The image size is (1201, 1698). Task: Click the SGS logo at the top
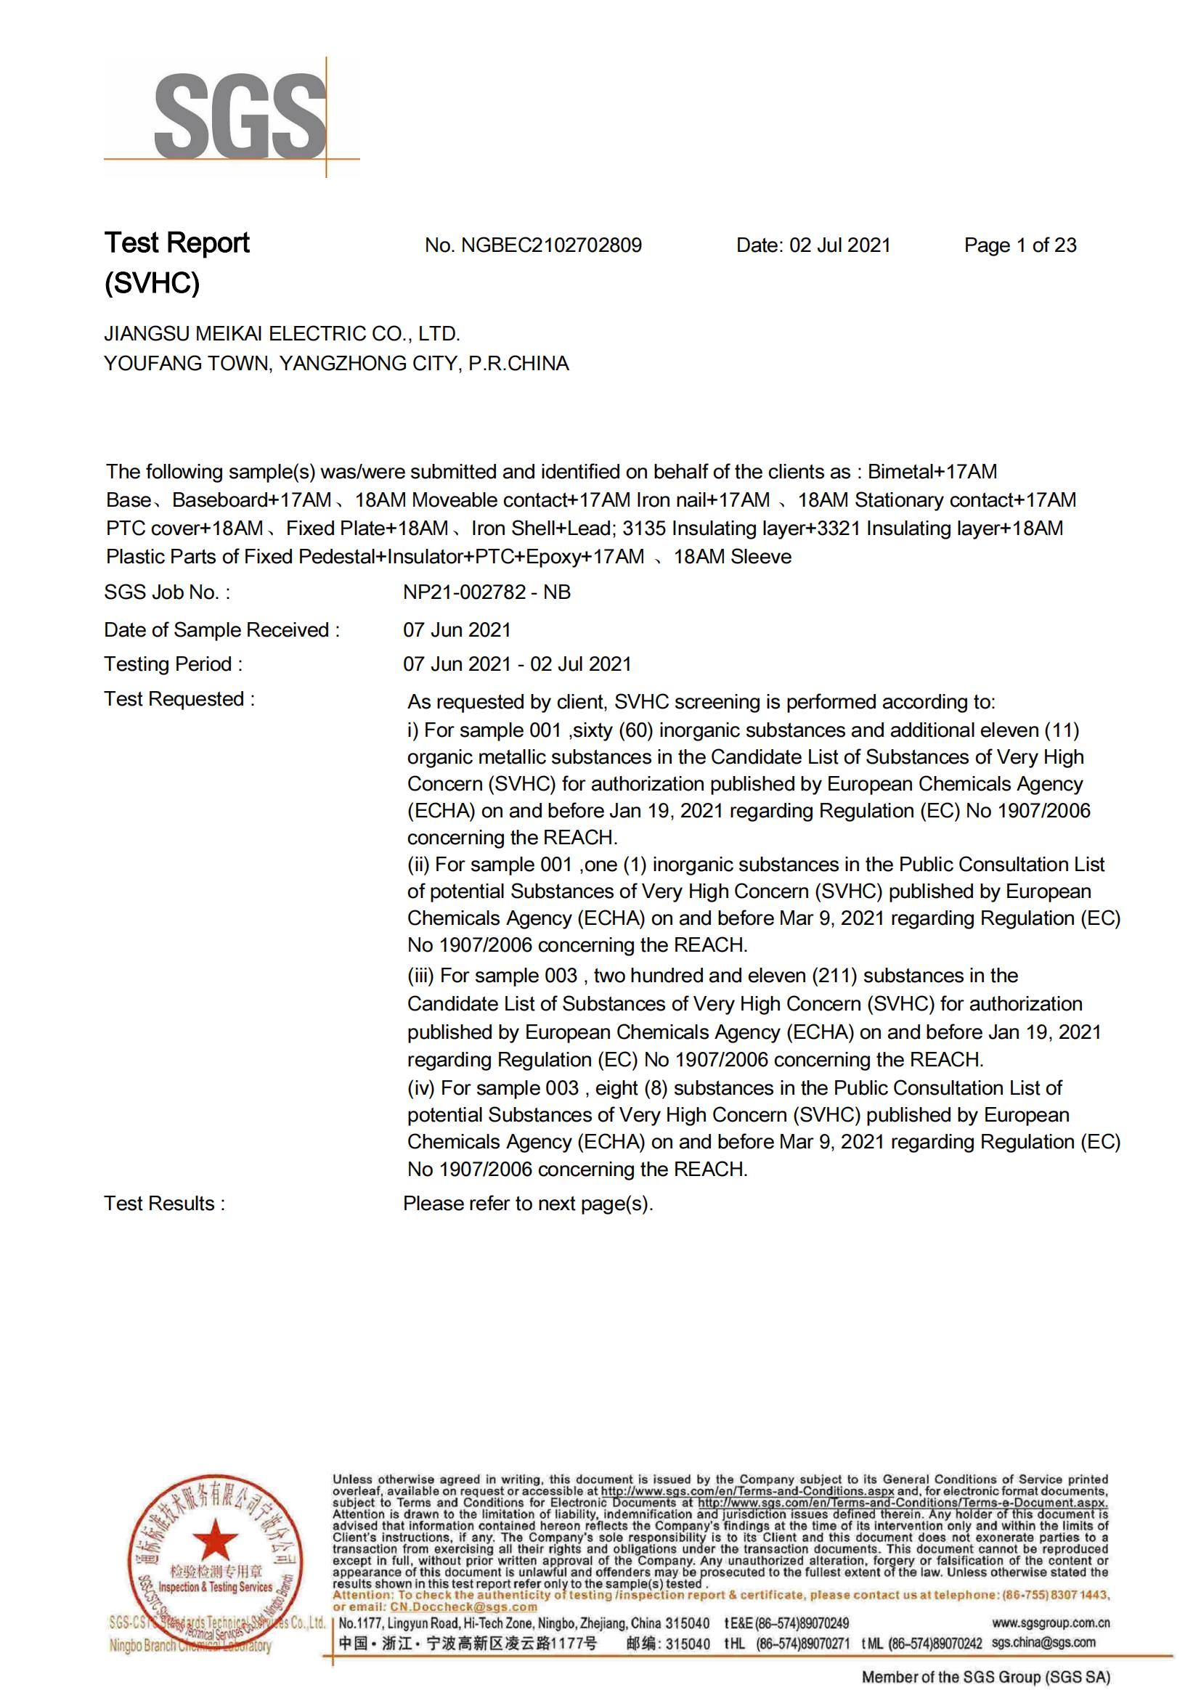click(x=240, y=117)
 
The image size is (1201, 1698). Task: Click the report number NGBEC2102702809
click(x=551, y=245)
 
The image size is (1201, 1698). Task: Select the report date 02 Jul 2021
click(x=839, y=245)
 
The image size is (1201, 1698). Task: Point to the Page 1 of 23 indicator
click(x=1019, y=245)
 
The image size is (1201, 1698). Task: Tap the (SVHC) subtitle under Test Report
click(x=152, y=283)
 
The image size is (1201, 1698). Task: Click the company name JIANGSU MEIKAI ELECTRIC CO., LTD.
click(x=282, y=334)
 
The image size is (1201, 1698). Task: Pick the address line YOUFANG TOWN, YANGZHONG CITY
click(x=336, y=364)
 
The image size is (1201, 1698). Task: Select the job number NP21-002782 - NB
click(x=486, y=592)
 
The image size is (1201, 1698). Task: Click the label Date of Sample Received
click(x=221, y=630)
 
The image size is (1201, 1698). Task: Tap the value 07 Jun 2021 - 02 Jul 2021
click(x=517, y=664)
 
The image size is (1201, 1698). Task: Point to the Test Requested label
click(x=179, y=699)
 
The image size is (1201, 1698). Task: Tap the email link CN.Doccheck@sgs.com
click(x=464, y=1607)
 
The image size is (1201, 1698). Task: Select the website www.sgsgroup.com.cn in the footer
click(x=1050, y=1624)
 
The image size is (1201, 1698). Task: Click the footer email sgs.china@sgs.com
click(x=1043, y=1643)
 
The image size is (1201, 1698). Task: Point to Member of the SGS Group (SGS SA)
click(x=986, y=1677)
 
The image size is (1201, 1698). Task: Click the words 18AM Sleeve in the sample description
click(x=732, y=557)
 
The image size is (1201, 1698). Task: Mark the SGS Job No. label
click(x=166, y=592)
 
